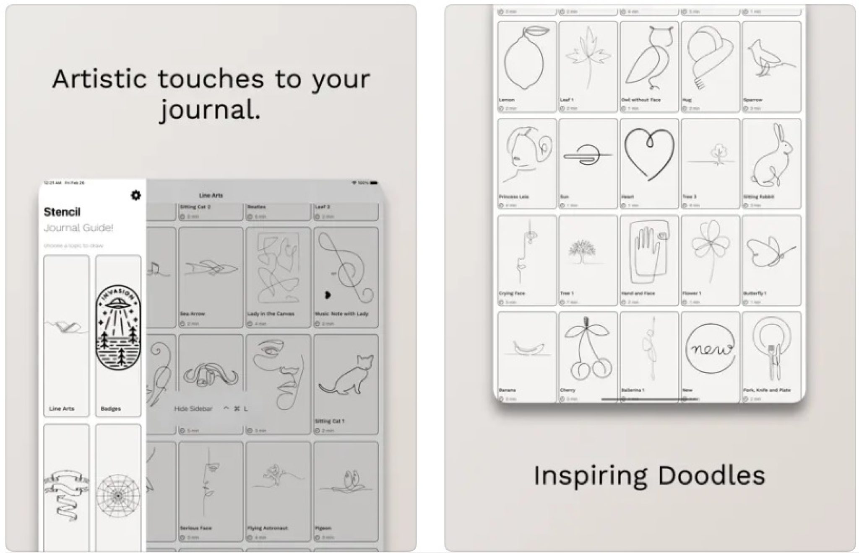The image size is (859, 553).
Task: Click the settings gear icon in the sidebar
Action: point(135,195)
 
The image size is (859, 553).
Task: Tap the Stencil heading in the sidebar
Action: point(62,212)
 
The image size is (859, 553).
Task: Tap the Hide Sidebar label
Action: point(193,408)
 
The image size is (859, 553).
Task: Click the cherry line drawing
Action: point(587,352)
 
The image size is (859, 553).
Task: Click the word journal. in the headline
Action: point(210,110)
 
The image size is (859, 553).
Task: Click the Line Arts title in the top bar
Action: point(211,196)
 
